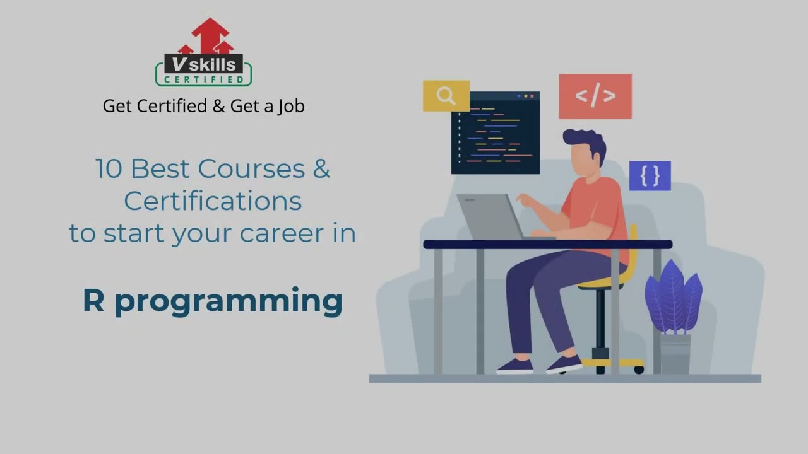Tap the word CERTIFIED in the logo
coord(203,79)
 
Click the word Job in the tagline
coord(291,106)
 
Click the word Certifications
coord(213,201)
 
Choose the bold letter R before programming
coord(93,301)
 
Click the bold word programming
coord(229,303)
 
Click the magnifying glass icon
coord(446,96)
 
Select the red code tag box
coord(595,96)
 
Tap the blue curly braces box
coord(650,176)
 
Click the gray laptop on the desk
coord(489,216)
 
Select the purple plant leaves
coord(674,296)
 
